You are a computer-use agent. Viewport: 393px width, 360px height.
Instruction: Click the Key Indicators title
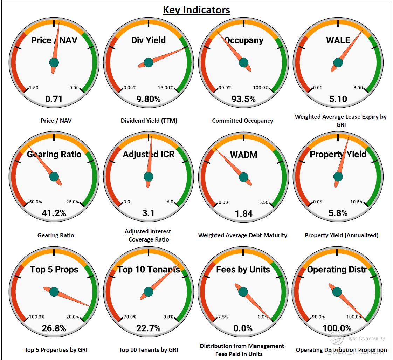tap(196, 9)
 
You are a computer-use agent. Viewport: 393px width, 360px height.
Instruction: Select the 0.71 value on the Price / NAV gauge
tap(54, 99)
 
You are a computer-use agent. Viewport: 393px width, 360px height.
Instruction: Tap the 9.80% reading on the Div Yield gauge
tap(149, 99)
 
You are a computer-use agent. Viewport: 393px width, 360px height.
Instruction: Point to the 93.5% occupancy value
tap(243, 99)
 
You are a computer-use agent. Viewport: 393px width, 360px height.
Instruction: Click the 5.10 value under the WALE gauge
tap(338, 99)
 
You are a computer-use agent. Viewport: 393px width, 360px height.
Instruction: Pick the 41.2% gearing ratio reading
tap(54, 213)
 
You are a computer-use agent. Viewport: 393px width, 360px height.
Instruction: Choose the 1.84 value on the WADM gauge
tap(243, 213)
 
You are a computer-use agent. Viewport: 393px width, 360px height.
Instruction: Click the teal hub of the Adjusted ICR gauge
tap(149, 177)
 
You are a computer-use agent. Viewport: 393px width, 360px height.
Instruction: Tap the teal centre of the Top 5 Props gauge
tap(54, 291)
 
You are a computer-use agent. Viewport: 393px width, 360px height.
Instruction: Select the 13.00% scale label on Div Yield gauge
tap(166, 88)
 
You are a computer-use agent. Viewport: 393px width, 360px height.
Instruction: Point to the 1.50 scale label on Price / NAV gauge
tap(34, 88)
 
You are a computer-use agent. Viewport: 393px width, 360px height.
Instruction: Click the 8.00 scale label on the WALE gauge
tap(358, 88)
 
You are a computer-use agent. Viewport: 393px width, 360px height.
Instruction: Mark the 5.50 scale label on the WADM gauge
tap(263, 202)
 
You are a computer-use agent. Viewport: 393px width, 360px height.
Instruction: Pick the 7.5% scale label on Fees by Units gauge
tap(223, 317)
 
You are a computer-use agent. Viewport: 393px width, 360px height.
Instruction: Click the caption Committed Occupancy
tap(242, 121)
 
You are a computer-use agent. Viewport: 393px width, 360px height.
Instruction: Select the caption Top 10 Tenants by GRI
tap(149, 350)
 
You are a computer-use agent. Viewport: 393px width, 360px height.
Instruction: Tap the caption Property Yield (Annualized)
tap(342, 235)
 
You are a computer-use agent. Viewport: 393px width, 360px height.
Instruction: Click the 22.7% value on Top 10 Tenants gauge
tap(149, 328)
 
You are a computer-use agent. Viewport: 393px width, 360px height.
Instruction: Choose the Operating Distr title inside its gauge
tap(337, 270)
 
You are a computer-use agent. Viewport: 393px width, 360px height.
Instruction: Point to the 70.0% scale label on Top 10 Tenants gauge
tap(130, 317)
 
